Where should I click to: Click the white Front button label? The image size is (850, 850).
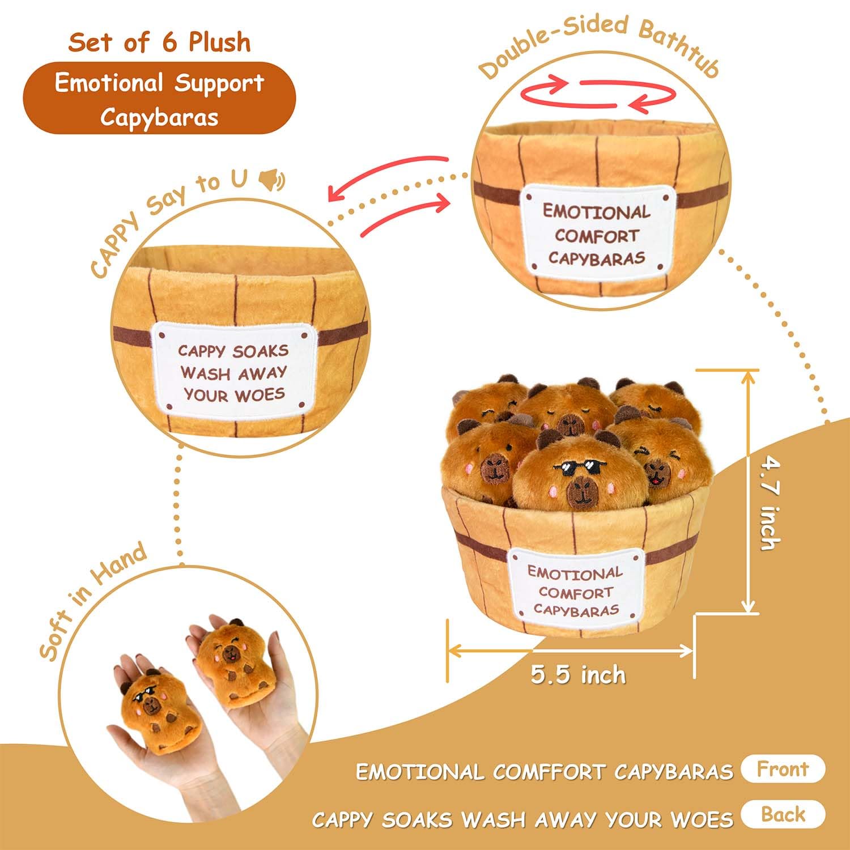[x=783, y=769]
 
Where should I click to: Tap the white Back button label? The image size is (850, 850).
[x=783, y=814]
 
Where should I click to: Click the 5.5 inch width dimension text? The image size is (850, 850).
[x=579, y=675]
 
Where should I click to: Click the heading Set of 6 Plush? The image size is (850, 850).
[x=159, y=42]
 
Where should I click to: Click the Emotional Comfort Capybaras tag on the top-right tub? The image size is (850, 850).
[x=597, y=234]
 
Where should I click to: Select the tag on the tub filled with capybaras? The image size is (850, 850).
[x=575, y=591]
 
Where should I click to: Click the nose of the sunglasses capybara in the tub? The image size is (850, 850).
[x=580, y=491]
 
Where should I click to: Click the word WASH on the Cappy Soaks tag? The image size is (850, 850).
[x=206, y=375]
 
